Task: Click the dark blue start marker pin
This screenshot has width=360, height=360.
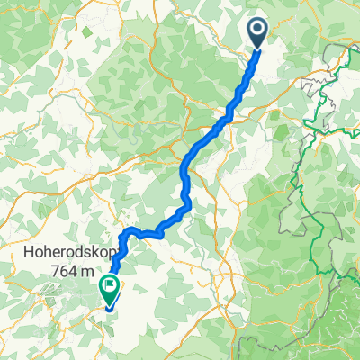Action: point(256,33)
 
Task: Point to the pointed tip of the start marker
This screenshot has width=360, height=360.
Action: point(257,49)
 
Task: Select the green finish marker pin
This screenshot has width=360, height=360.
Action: point(109,288)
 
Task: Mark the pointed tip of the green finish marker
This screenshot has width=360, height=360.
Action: point(109,303)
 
